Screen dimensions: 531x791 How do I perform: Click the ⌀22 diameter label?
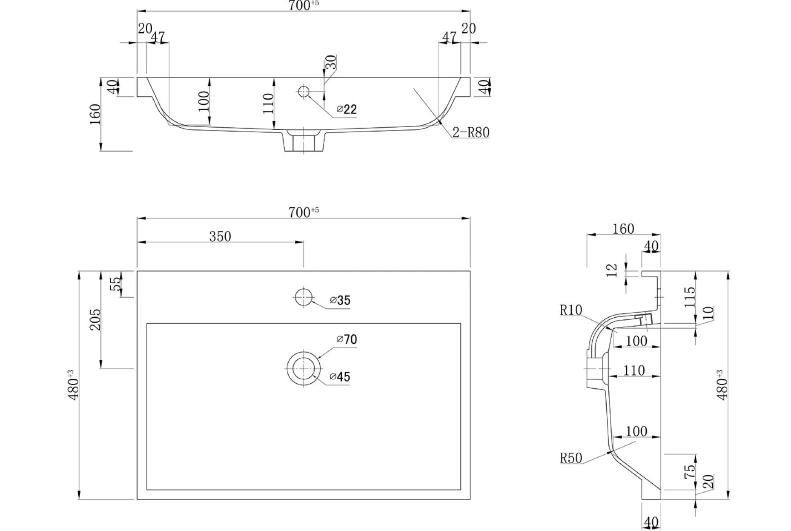tap(347, 109)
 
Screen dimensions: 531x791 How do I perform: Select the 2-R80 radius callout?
tap(471, 133)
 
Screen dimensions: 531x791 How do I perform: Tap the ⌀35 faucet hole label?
tap(340, 301)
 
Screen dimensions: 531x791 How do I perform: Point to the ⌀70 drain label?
tap(347, 339)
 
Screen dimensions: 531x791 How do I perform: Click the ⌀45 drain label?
tap(340, 377)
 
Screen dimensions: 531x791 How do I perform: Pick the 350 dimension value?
tap(220, 237)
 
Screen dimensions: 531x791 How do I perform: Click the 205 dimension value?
tap(95, 319)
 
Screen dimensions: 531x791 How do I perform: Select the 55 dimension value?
tap(116, 284)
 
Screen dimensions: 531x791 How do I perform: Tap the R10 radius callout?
tap(571, 310)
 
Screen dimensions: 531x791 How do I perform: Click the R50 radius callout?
tap(571, 458)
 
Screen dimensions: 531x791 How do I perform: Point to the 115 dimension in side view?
tap(689, 297)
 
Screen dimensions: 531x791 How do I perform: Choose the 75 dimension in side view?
tap(689, 472)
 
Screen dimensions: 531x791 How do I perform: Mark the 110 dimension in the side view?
tap(634, 370)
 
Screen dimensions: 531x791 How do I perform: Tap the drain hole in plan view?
tap(303, 368)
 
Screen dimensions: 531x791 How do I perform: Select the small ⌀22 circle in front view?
tap(303, 91)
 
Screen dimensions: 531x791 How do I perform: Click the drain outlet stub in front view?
tap(304, 141)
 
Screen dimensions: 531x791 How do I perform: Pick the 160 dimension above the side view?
tap(623, 229)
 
